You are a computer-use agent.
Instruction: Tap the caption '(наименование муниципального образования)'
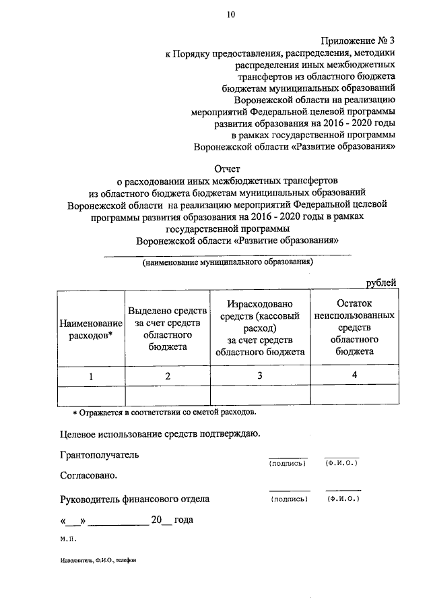226,262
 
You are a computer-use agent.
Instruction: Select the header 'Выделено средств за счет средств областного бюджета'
167,328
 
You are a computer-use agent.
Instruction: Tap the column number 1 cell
91,376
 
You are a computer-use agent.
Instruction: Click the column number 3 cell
260,376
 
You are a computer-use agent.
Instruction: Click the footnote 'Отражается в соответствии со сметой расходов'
166,411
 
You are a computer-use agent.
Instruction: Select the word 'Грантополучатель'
99,454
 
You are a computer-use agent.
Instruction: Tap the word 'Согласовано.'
88,475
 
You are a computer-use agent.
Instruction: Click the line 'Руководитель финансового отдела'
134,499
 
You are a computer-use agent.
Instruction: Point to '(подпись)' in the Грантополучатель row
287,464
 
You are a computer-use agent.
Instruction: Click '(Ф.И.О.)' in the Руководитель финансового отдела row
343,499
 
